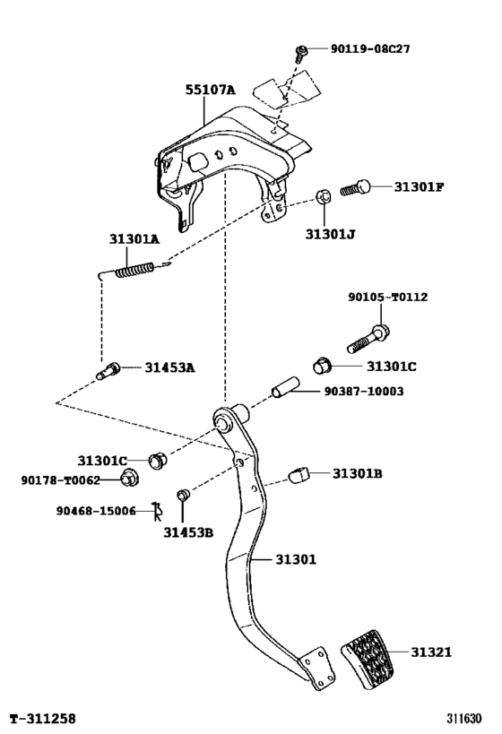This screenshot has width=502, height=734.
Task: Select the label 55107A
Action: pos(211,91)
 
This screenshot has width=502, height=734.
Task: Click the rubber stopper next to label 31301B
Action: pos(299,474)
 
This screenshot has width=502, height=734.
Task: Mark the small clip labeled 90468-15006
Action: pos(156,512)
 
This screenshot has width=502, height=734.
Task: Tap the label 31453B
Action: pos(188,532)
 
